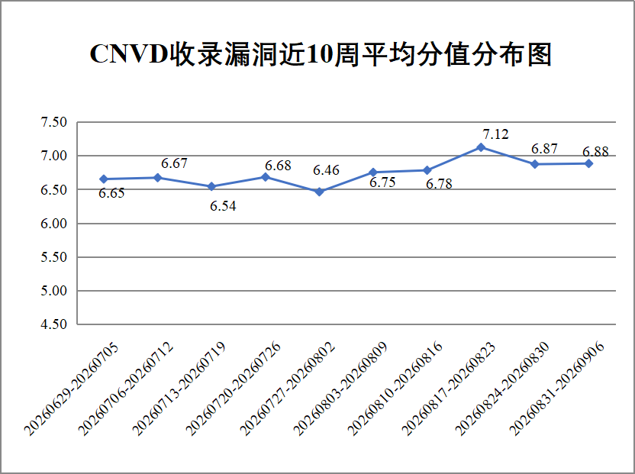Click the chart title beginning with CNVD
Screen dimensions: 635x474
321,54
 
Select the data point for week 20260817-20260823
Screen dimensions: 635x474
481,147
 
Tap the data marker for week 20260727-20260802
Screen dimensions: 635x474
319,192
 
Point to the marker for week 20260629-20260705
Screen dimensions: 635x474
104,179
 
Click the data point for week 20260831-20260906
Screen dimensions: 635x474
589,163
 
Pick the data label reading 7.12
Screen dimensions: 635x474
495,134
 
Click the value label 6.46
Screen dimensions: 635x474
326,170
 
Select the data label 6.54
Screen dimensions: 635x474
223,206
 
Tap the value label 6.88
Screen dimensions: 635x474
595,152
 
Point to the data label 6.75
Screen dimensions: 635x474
382,182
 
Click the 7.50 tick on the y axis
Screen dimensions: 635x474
53,122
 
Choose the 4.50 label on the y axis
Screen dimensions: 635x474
53,324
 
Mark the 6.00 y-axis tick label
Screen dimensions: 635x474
53,223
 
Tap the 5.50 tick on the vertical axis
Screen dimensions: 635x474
53,257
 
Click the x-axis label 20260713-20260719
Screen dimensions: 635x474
179,389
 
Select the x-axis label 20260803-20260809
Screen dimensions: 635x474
340,389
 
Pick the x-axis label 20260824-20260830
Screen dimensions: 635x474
502,389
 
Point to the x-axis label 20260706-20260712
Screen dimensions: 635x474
125,389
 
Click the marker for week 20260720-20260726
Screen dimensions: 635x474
266,176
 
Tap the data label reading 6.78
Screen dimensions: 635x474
439,184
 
